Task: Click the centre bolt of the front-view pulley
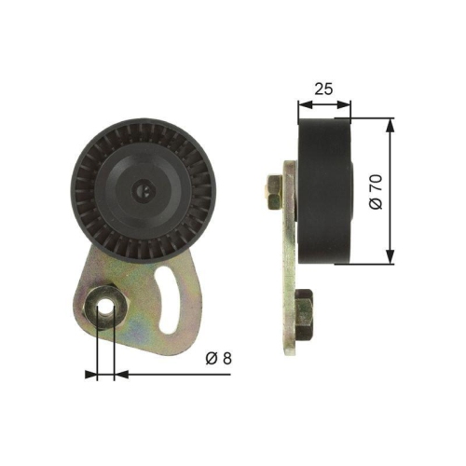click(x=145, y=191)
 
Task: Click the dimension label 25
click(x=322, y=89)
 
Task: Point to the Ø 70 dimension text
click(x=375, y=191)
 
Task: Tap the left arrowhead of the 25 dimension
click(x=302, y=103)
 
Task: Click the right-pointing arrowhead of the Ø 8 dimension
click(x=91, y=374)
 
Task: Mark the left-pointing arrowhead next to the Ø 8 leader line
click(x=119, y=374)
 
